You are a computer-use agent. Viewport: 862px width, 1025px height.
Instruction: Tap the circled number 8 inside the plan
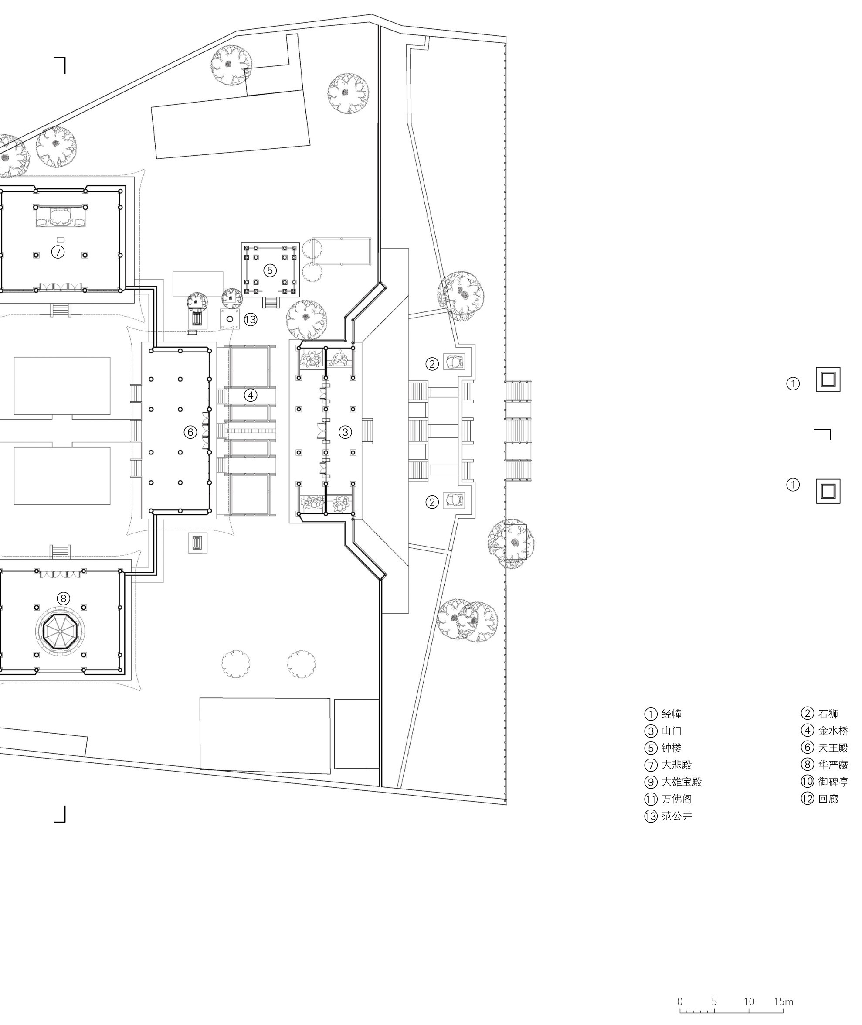pos(63,598)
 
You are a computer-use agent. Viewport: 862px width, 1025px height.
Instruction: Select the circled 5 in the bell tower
pos(270,270)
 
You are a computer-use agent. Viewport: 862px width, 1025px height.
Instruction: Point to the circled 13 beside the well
pos(250,319)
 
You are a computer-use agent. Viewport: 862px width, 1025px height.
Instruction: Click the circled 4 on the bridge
pos(251,395)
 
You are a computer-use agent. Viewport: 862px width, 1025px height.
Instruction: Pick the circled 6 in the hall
pos(190,432)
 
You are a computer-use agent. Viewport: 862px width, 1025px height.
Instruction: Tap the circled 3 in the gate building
pos(345,432)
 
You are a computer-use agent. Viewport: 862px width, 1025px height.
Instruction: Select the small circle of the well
pos(230,319)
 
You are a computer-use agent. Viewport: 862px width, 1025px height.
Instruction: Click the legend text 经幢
pos(672,714)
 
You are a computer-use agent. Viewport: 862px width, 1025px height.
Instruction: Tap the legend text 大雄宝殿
pos(682,782)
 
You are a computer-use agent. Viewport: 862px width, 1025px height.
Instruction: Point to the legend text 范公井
pos(677,816)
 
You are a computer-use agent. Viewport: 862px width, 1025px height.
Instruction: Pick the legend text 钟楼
pos(672,748)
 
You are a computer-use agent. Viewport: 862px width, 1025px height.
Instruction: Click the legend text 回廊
pos(828,799)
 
